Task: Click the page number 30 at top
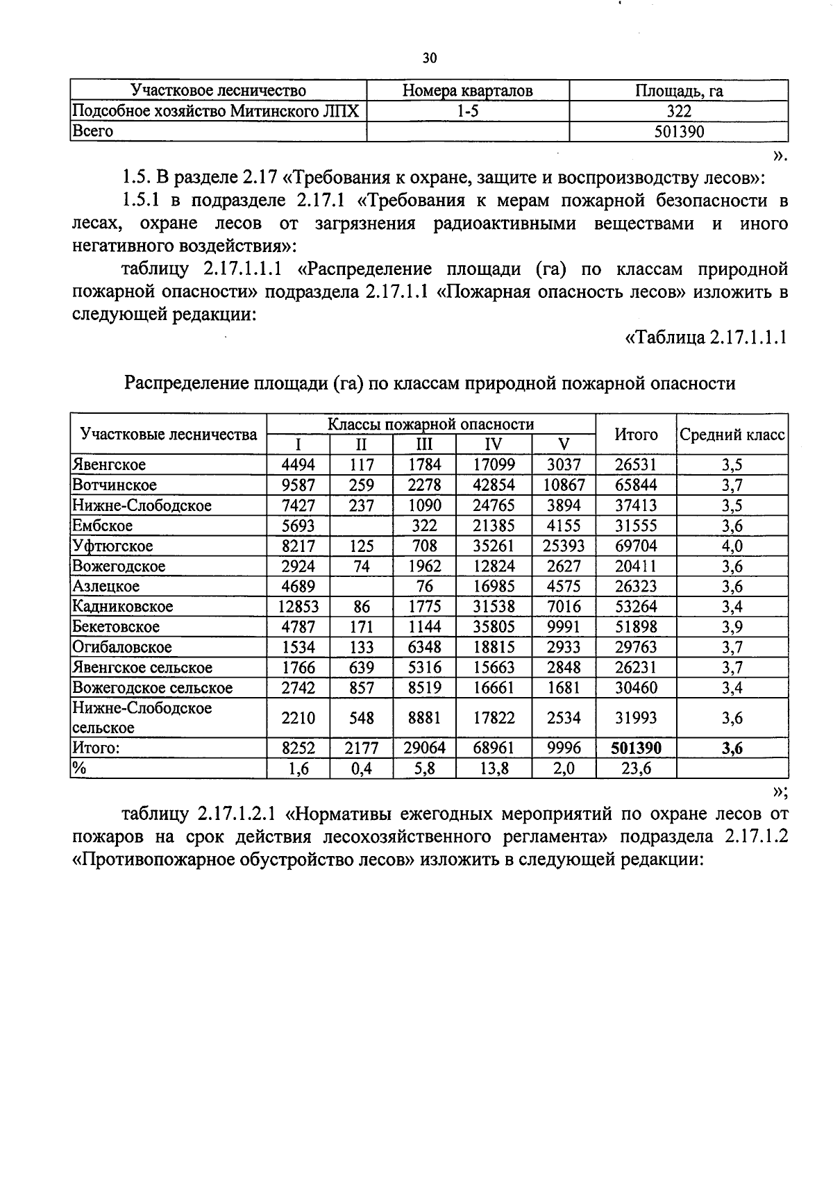[x=430, y=58]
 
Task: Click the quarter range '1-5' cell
[x=468, y=111]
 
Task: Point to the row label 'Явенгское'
[x=109, y=464]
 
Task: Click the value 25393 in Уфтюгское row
[x=564, y=546]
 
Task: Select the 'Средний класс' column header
[x=732, y=435]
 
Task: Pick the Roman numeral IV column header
[x=494, y=445]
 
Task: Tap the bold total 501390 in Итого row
[x=636, y=748]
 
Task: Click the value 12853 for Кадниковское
[x=298, y=606]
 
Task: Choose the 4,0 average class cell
[x=732, y=546]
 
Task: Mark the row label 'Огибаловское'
[x=122, y=647]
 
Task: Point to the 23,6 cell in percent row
[x=636, y=768]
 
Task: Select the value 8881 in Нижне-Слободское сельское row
[x=424, y=718]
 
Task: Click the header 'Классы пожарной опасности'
[x=431, y=424]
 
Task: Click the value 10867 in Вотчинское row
[x=564, y=485]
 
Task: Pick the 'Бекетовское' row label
[x=116, y=627]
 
